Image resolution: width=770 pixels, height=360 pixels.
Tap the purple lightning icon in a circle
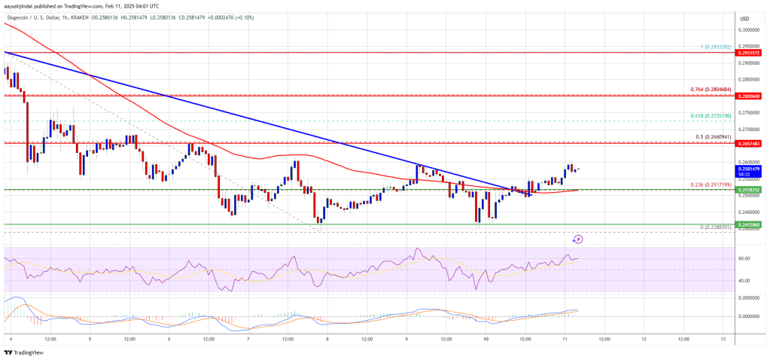click(578, 239)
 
